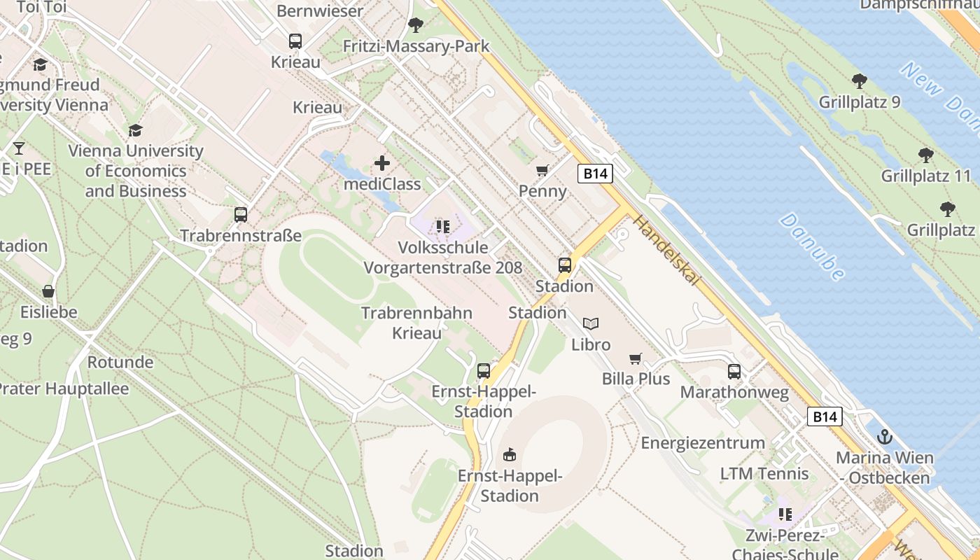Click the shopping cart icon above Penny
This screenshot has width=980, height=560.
pos(542,170)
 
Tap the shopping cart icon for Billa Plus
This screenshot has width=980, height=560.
pos(635,358)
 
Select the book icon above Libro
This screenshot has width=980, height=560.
pos(591,323)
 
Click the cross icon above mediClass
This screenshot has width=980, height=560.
pos(382,164)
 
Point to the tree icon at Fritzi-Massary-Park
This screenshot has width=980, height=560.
pos(416,26)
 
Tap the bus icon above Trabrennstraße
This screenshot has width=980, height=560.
pos(241,214)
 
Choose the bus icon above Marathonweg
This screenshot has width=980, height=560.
pos(734,372)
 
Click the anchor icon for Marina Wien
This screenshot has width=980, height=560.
pos(885,437)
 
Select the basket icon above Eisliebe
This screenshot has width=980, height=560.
pos(48,291)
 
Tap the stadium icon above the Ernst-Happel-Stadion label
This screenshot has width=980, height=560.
pos(510,455)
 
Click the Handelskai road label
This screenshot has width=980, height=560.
pos(666,250)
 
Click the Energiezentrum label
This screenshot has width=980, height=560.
pos(703,443)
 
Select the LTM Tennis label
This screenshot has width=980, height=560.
pos(764,474)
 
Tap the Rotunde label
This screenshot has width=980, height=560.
pos(120,363)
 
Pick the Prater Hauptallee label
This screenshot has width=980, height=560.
pos(64,389)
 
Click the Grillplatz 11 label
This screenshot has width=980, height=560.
pos(926,176)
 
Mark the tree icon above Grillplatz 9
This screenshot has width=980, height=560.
pos(859,81)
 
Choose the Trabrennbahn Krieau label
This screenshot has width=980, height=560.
pos(416,323)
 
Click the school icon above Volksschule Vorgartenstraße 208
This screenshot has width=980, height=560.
pos(442,226)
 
